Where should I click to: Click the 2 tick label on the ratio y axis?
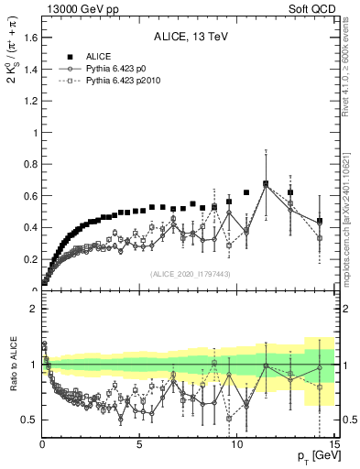(32, 309)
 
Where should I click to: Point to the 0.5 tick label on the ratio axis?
(27, 420)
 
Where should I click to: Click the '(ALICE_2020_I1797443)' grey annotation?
(190, 274)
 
